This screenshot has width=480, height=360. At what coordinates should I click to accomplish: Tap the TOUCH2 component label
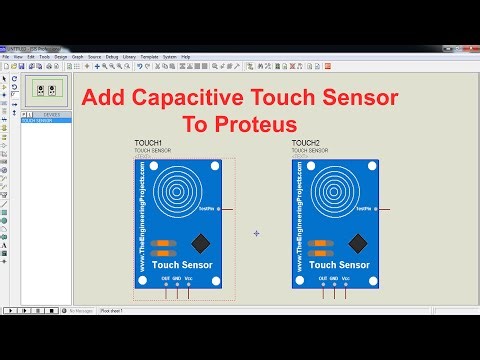click(305, 144)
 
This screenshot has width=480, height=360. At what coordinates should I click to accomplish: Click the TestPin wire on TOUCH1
click(228, 210)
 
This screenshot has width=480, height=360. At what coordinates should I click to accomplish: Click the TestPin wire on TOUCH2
click(386, 210)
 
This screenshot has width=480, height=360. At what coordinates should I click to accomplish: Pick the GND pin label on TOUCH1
click(177, 278)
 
